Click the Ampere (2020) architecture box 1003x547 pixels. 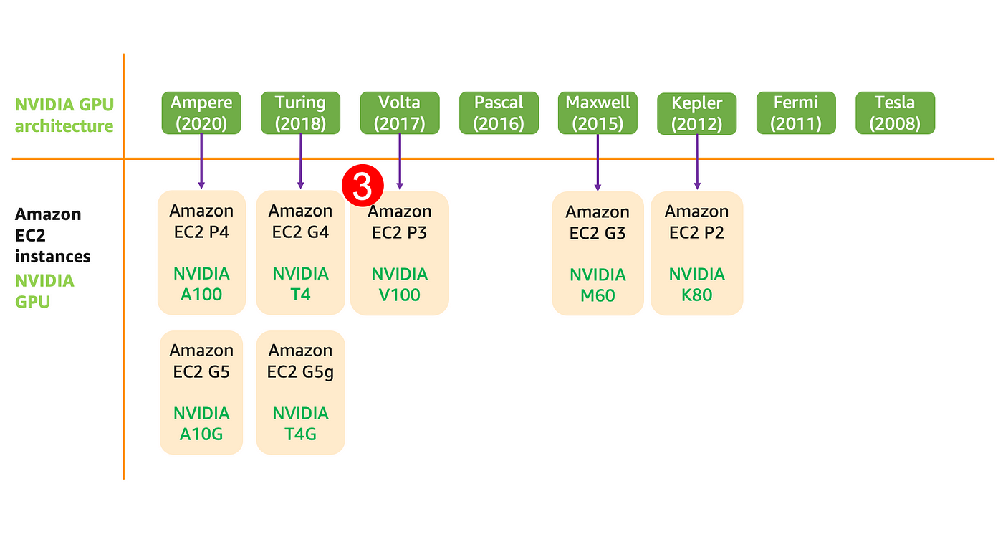201,113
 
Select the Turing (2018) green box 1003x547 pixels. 300,113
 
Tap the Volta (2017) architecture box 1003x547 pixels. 400,113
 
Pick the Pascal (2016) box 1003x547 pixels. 499,113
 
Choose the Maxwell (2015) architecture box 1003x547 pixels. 598,113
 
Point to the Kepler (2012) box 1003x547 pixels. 696,113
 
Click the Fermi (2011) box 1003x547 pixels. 796,113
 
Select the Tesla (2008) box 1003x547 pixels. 895,113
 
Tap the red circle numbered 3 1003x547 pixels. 363,186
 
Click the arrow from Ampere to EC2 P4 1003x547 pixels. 201,162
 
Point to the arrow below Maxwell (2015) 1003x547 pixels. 598,163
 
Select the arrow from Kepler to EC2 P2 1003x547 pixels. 697,162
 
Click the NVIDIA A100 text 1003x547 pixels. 201,284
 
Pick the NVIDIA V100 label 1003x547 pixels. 400,285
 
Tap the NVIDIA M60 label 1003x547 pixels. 598,285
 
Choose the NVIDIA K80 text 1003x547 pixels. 696,285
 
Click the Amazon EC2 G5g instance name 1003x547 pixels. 300,361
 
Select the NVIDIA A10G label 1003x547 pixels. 201,424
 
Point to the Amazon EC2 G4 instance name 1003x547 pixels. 300,222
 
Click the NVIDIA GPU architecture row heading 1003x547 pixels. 64,115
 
